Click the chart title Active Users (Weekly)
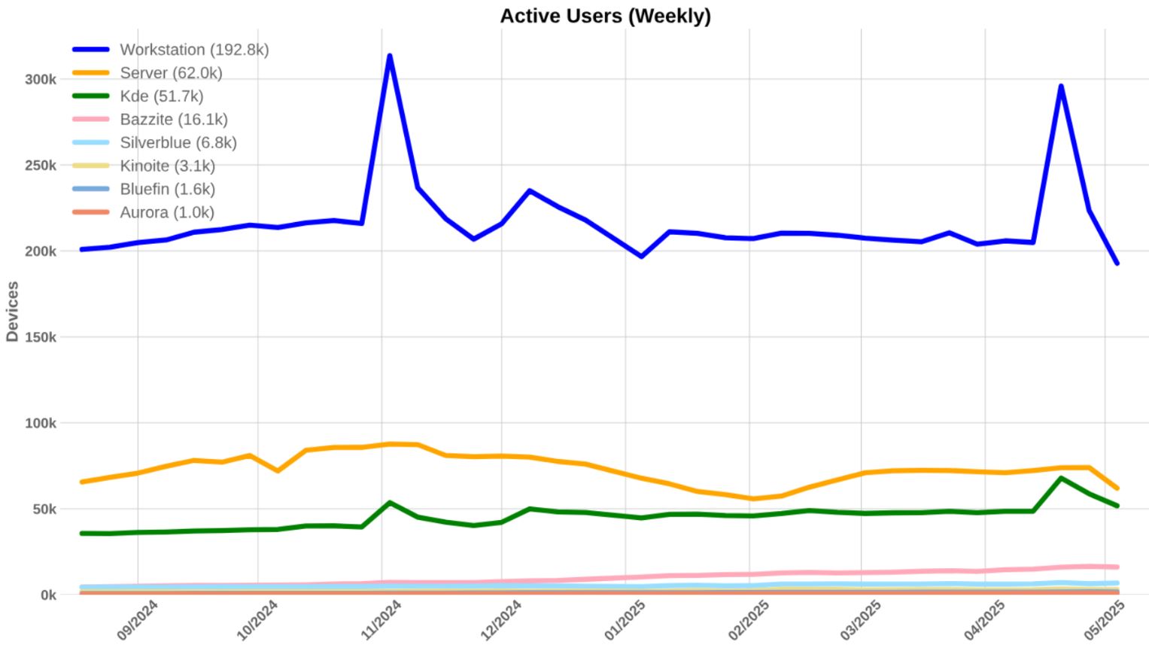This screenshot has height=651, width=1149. click(x=605, y=16)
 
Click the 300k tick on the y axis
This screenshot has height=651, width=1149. click(x=41, y=80)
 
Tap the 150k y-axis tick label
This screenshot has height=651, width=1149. click(x=41, y=338)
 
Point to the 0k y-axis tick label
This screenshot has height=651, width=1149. click(x=48, y=595)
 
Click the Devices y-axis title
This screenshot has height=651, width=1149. click(x=12, y=312)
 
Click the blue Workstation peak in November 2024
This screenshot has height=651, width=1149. click(x=389, y=56)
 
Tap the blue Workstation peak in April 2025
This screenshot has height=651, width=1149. click(x=1061, y=86)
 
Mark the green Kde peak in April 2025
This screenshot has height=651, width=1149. click(x=1061, y=478)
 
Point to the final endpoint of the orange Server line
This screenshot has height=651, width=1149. click(x=1117, y=488)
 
